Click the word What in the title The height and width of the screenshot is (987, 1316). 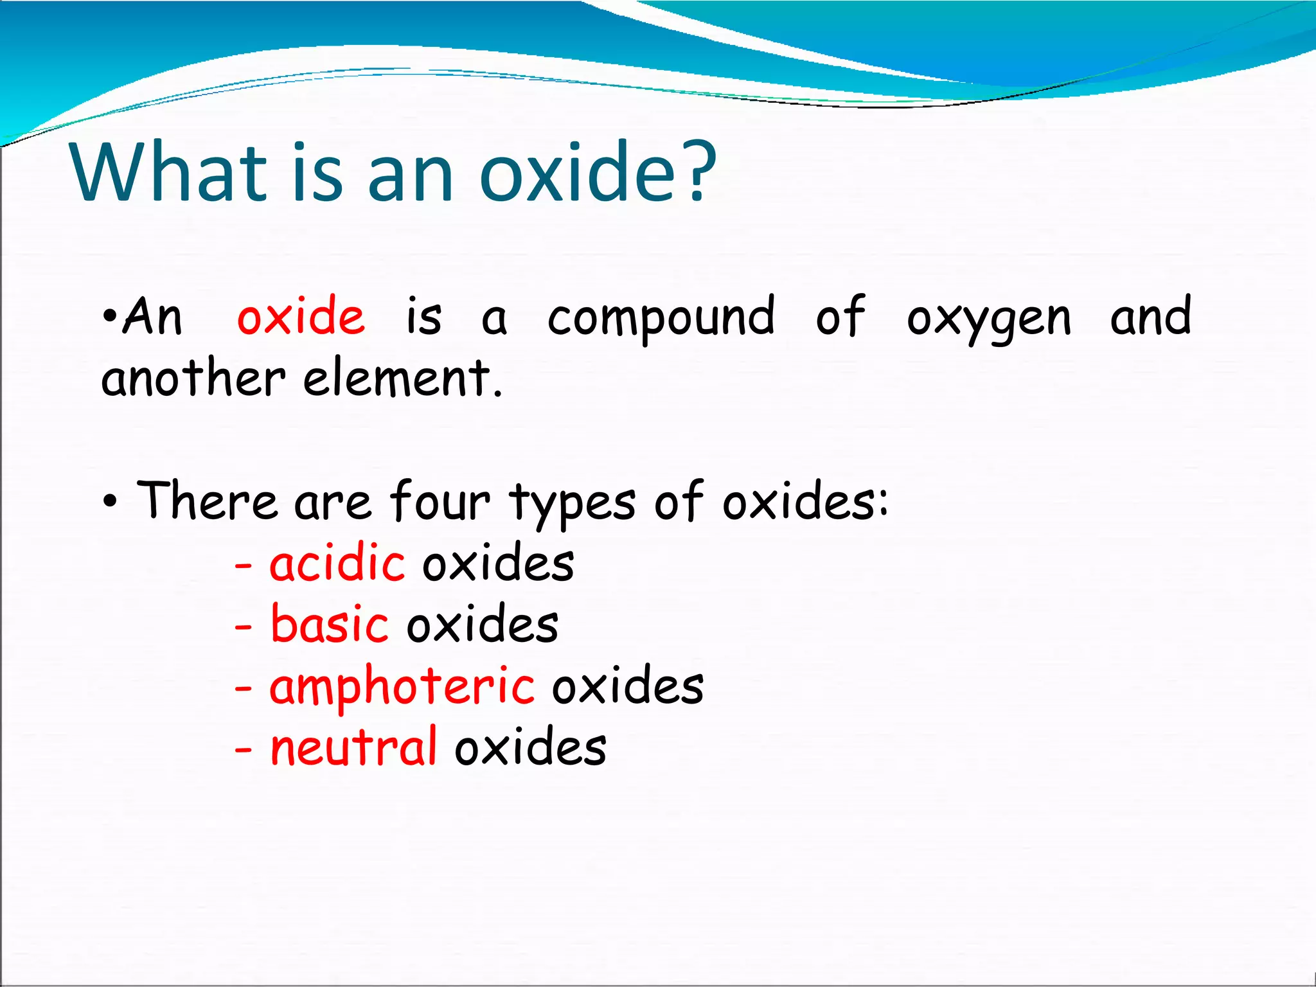(168, 172)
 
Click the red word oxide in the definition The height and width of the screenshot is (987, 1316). (301, 316)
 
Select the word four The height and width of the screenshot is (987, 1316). (440, 501)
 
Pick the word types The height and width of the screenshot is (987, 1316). (573, 503)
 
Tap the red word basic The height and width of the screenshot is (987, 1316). (329, 624)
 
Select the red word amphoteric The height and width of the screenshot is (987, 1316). (402, 687)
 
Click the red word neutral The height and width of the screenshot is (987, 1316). (353, 747)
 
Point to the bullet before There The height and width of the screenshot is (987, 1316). (110, 502)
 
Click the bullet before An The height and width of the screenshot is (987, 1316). (110, 316)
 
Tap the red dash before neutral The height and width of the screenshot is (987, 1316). (243, 749)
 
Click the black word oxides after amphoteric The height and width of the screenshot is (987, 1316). (628, 686)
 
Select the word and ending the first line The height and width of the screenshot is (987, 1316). (1151, 316)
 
